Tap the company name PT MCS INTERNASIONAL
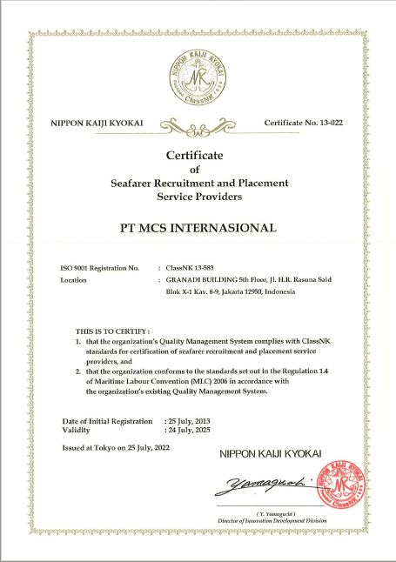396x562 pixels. pos(197,228)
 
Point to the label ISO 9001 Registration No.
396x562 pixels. pos(100,268)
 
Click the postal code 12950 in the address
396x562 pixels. pos(251,292)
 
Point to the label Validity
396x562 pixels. pos(77,431)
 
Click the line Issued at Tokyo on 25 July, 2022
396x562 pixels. pos(116,448)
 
